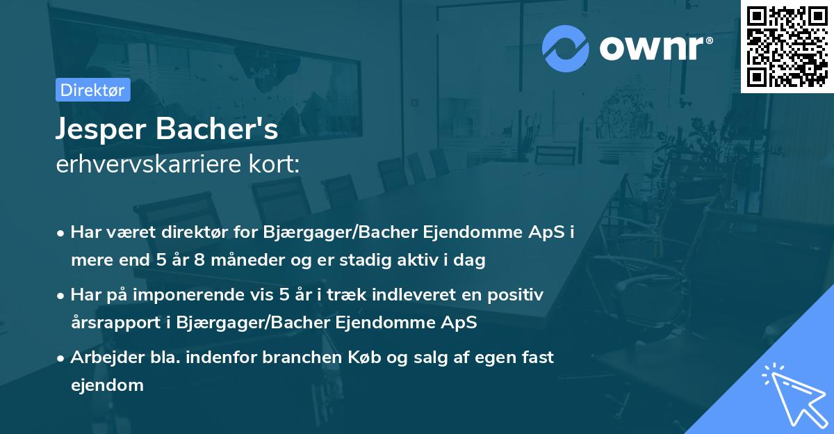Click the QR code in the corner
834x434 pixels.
pyautogui.click(x=787, y=46)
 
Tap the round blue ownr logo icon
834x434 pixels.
pyautogui.click(x=566, y=48)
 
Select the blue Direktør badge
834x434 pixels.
pyautogui.click(x=93, y=90)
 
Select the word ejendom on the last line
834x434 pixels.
pyautogui.click(x=107, y=385)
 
